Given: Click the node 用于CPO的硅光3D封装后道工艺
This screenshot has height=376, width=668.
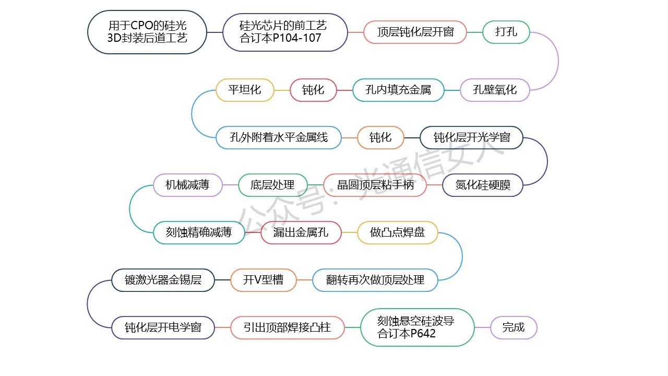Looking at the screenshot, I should [147, 32].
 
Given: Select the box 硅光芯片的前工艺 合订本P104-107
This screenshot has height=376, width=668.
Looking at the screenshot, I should [285, 32].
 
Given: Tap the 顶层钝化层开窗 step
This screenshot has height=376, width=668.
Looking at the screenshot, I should [415, 32].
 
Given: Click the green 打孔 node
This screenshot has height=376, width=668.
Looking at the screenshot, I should [506, 32].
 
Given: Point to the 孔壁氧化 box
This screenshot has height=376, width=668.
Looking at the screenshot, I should [494, 90].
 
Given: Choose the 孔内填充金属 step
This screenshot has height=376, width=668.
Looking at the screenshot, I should [399, 90].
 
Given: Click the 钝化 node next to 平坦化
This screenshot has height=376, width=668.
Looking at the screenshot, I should [313, 90].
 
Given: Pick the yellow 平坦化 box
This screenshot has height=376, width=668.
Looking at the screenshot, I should [245, 90].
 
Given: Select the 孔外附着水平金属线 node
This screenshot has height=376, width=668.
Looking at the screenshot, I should [279, 138].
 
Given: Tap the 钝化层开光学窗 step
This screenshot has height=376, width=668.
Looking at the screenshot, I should [471, 138].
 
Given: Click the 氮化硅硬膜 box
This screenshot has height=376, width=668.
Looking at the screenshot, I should [482, 185].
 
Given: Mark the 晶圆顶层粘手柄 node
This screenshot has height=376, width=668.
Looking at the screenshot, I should [375, 185].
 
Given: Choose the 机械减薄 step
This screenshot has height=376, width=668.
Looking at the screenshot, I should [188, 185].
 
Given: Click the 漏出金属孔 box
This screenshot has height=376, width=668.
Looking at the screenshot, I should [301, 232].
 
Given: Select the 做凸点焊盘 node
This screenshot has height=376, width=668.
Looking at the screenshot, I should [397, 232].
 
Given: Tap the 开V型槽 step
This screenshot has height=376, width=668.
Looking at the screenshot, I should [263, 280].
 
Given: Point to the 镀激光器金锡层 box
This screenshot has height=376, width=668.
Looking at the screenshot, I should [163, 280].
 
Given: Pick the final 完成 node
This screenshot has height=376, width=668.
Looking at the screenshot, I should [514, 328].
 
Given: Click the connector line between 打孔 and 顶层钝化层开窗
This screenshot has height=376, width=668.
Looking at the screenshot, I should [474, 32].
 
